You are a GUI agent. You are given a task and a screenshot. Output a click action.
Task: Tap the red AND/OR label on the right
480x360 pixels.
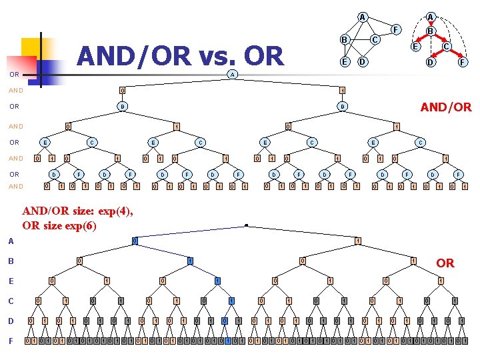pyautogui.click(x=446, y=107)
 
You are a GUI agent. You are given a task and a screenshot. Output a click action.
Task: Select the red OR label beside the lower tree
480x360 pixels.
pyautogui.click(x=445, y=263)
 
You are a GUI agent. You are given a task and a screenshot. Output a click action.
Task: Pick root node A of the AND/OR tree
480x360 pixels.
pyautogui.click(x=232, y=74)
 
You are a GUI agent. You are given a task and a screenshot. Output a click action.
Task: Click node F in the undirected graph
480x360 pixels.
pyautogui.click(x=396, y=29)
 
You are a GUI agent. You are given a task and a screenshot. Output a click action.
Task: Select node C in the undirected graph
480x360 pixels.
pyautogui.click(x=375, y=40)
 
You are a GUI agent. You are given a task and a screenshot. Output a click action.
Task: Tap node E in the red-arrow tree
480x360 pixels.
pyautogui.click(x=415, y=47)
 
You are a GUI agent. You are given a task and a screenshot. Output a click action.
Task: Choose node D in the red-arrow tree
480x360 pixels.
pyautogui.click(x=431, y=63)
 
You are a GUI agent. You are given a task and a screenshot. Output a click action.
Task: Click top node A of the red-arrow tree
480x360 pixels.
pyautogui.click(x=431, y=17)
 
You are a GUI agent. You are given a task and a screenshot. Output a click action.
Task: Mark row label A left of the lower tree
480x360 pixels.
pyautogui.click(x=11, y=241)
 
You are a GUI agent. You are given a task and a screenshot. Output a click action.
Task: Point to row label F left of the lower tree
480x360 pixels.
pyautogui.click(x=11, y=341)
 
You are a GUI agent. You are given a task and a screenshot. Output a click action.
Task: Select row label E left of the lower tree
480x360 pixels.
pyautogui.click(x=11, y=281)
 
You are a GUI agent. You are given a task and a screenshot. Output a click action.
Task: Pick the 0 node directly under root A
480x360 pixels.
pyautogui.click(x=122, y=90)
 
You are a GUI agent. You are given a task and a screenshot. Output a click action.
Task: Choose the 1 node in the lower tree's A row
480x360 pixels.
pyautogui.click(x=357, y=241)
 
